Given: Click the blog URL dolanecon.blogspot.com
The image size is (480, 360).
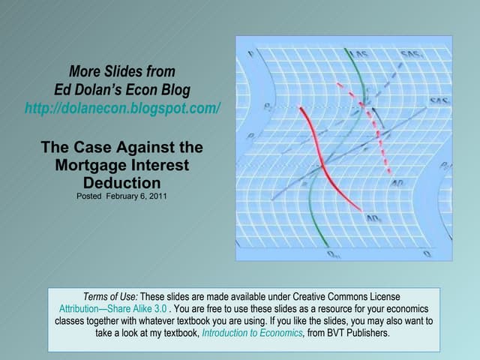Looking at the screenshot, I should (123, 107).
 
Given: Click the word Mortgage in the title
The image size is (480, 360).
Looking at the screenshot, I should (85, 164).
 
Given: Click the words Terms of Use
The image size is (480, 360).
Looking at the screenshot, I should (110, 297).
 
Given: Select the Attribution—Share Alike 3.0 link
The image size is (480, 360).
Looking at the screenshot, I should (113, 308).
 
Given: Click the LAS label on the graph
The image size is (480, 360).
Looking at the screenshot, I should (361, 54).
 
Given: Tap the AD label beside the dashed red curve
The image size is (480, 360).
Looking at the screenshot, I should (397, 182).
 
